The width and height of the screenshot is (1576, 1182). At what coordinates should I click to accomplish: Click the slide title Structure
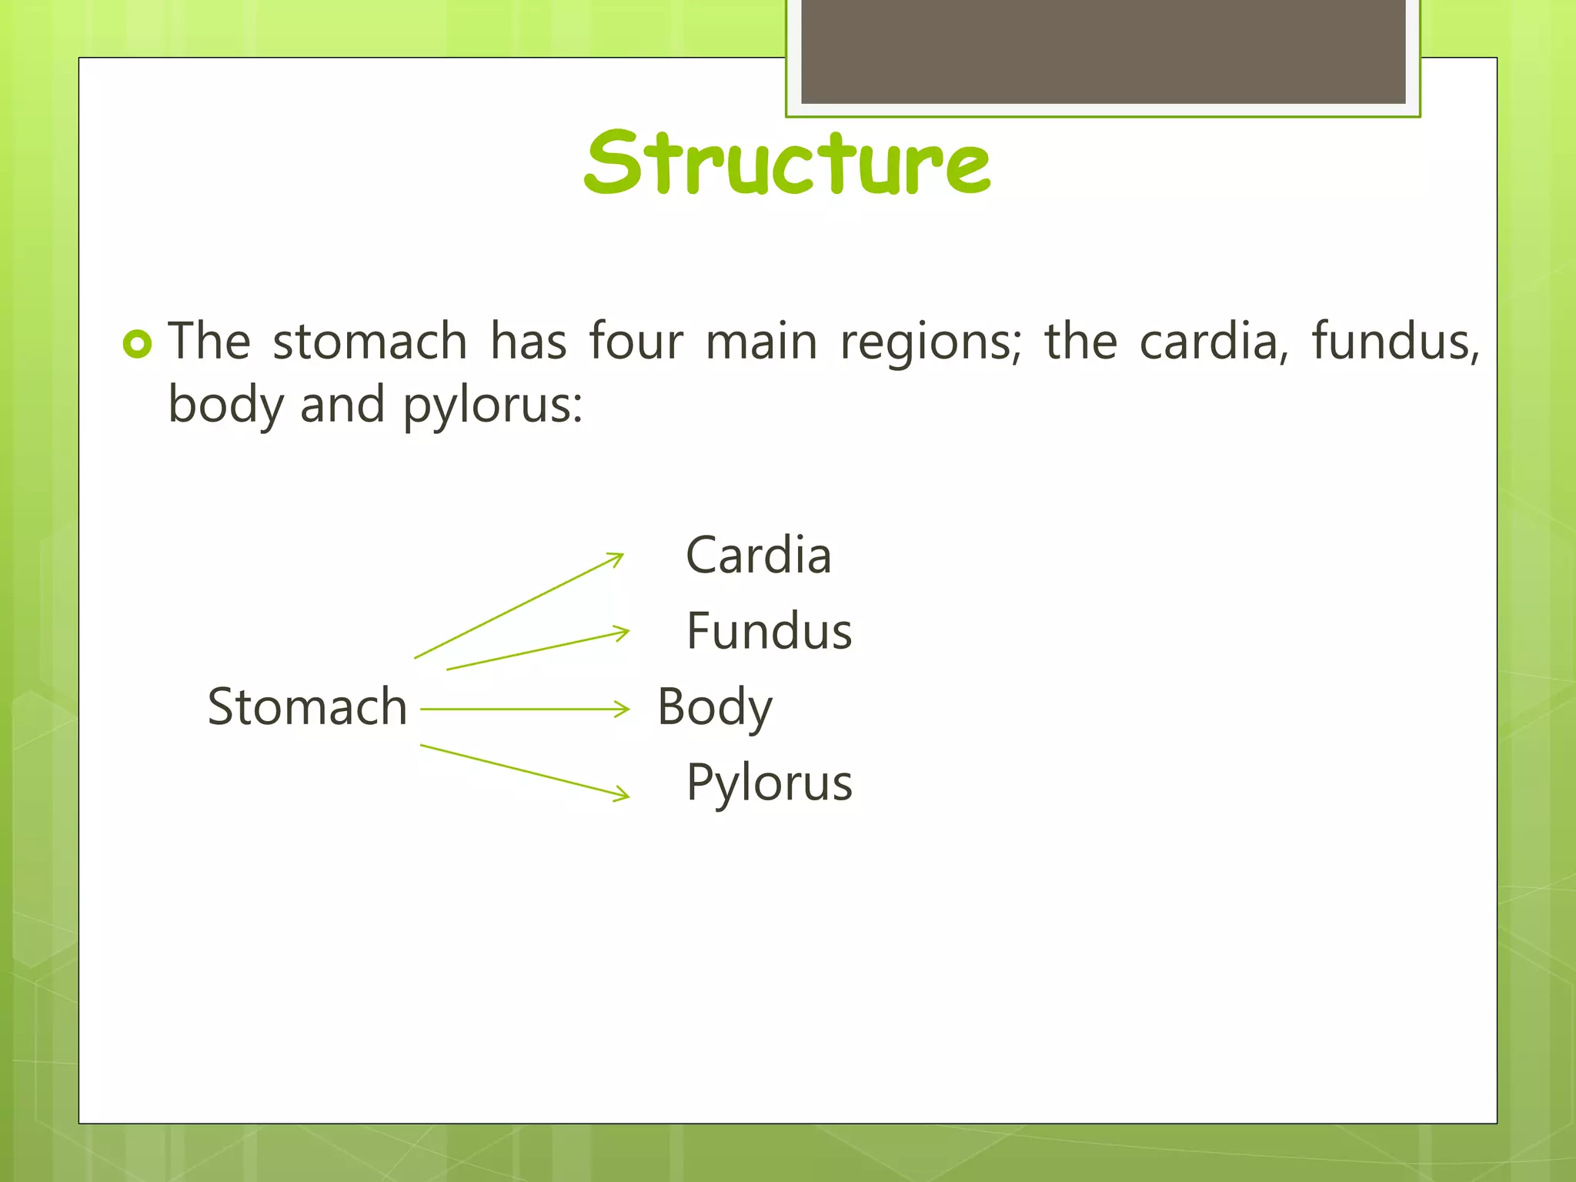coord(786,162)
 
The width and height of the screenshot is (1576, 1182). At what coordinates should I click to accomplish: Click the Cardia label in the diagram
coord(759,555)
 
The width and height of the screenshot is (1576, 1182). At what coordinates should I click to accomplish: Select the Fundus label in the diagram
coord(769,631)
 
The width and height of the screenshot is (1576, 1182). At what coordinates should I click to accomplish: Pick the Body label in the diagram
coord(714,707)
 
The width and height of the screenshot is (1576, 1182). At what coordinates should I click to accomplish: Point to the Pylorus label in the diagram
coord(769,783)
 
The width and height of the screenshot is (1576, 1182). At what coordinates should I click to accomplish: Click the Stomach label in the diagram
coord(307,706)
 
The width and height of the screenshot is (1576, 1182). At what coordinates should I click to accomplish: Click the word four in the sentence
coord(636,341)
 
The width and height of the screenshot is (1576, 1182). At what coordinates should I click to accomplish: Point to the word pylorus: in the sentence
coord(493,406)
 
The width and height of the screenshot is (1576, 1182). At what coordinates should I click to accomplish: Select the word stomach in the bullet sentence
coord(370,341)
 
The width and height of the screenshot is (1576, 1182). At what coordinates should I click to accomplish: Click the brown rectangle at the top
coord(1103,51)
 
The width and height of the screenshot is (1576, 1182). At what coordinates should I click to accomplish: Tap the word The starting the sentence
coord(209,341)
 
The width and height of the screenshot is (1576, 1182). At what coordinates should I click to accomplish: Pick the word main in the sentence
coord(761,341)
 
